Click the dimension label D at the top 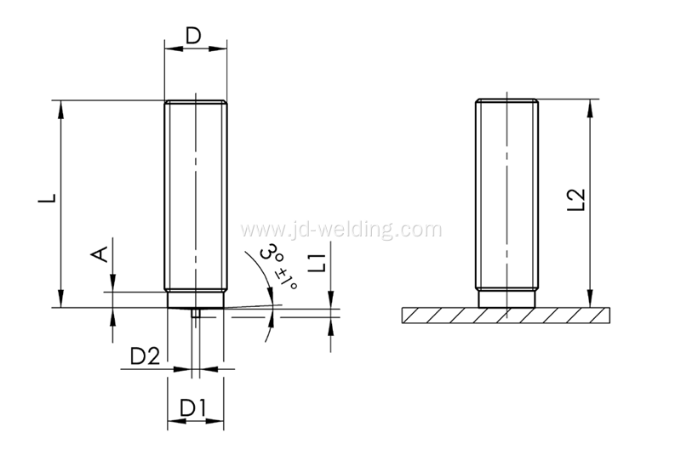(x=194, y=36)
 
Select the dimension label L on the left (x=47, y=198)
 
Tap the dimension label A (x=99, y=254)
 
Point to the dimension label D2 (x=145, y=356)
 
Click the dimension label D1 (x=193, y=408)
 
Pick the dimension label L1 (x=317, y=263)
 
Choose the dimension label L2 (x=577, y=200)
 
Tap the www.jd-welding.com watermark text (x=341, y=229)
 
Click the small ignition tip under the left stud (x=196, y=312)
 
